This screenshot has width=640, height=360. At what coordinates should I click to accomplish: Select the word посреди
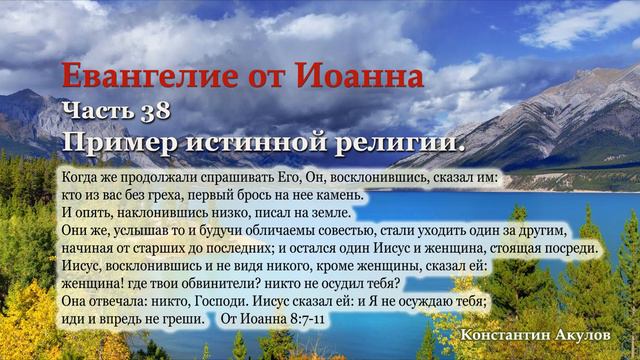pyautogui.click(x=575, y=248)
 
